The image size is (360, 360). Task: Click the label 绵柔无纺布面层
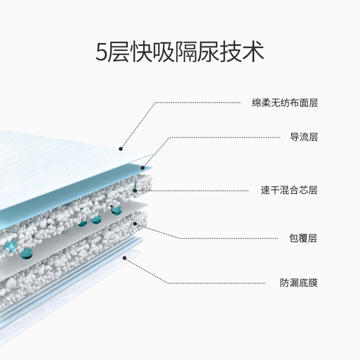click(x=285, y=103)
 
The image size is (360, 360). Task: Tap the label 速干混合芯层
click(x=289, y=190)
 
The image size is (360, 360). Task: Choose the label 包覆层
click(x=304, y=238)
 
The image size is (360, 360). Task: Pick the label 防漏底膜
click(x=299, y=283)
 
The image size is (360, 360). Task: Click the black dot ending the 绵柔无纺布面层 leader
click(x=121, y=148)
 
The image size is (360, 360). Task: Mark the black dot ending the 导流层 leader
click(x=143, y=168)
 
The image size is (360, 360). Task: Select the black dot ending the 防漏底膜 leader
click(x=125, y=258)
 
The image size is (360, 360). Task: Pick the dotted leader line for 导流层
click(x=225, y=137)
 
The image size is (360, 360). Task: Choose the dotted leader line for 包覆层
click(x=225, y=238)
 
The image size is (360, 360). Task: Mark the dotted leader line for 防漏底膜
click(x=216, y=283)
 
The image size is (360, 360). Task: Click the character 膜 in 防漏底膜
click(x=313, y=283)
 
